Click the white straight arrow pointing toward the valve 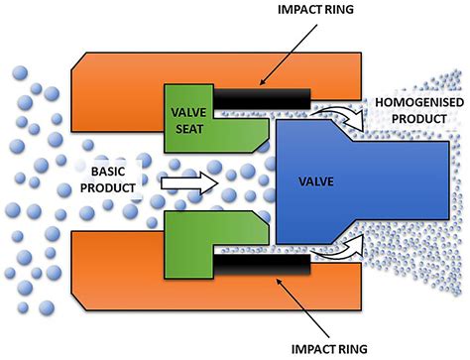point(184,180)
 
